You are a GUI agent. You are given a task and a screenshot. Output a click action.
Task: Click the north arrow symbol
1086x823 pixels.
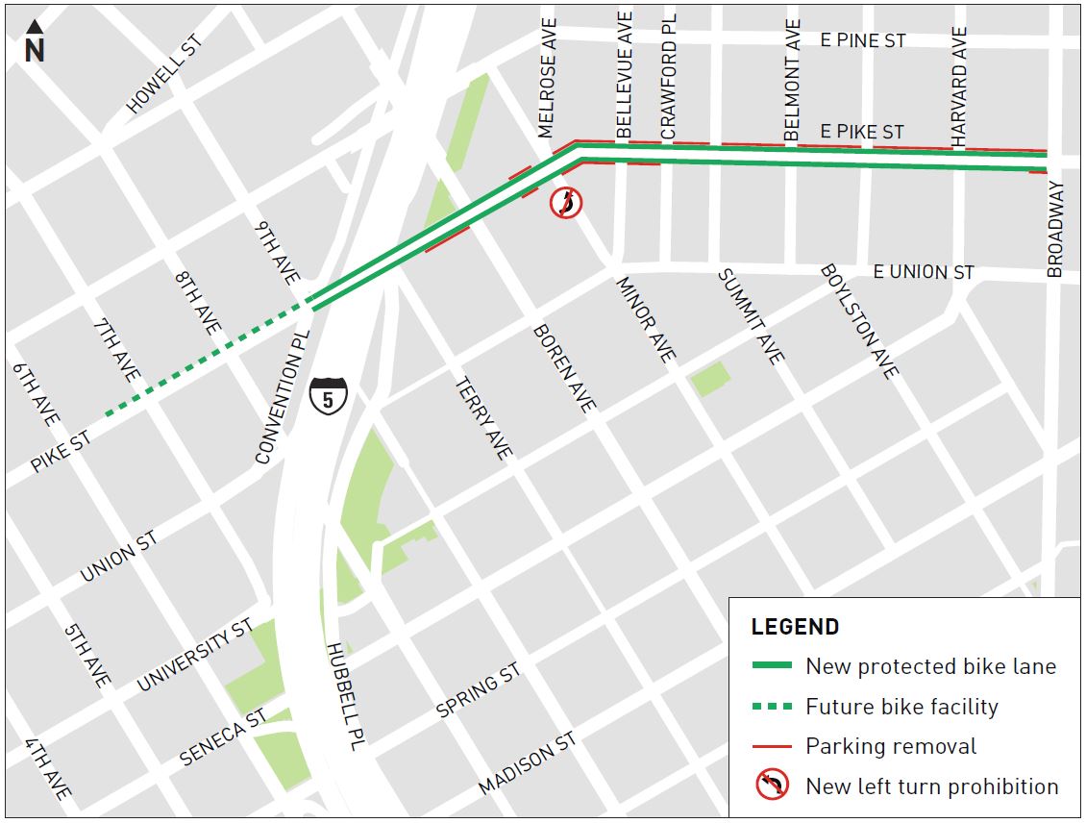coord(35,44)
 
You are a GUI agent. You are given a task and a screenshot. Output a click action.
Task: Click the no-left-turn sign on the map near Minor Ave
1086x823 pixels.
coord(566,203)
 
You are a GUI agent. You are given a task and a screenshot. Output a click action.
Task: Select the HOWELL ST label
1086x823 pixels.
coord(165,76)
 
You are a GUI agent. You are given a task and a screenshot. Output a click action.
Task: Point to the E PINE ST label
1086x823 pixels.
coord(863,40)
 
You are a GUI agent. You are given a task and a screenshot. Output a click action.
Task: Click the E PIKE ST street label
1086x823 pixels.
coord(861,132)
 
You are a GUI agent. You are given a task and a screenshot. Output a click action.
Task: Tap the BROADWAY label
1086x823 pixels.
coord(1055,229)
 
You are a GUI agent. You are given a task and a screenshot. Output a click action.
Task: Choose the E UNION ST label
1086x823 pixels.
coord(923,273)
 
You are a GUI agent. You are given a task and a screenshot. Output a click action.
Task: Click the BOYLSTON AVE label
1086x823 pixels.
coord(859,320)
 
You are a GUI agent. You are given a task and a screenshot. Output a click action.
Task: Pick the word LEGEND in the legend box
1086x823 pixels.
coord(795,627)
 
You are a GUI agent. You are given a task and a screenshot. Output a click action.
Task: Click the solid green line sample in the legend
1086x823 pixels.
coord(772,666)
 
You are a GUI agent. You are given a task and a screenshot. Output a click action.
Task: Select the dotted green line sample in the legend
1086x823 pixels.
coord(772,707)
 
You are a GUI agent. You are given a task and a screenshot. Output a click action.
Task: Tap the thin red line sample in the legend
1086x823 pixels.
coord(772,746)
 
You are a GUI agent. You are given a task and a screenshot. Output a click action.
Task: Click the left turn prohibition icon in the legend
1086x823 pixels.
coord(772,786)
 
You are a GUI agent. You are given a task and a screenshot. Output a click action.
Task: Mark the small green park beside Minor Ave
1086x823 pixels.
coord(709,379)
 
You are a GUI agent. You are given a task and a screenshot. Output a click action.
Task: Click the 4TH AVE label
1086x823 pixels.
coord(48,770)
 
